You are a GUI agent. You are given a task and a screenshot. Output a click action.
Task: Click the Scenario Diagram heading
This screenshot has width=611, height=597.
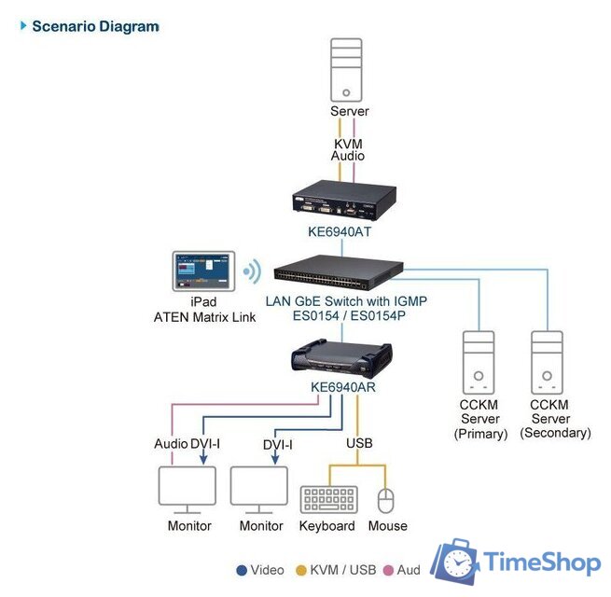pyautogui.click(x=95, y=26)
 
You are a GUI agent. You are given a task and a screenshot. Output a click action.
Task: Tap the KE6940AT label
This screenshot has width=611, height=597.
pyautogui.click(x=341, y=231)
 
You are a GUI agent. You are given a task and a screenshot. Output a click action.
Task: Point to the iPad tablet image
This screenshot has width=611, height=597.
pyautogui.click(x=202, y=271)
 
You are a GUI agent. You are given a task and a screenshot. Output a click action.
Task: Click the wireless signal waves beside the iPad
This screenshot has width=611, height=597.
pyautogui.click(x=250, y=272)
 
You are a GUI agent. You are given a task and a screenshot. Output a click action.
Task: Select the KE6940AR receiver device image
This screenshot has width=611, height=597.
pyautogui.click(x=342, y=357)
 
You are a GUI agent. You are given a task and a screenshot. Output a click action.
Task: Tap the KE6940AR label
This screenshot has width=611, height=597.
pyautogui.click(x=342, y=387)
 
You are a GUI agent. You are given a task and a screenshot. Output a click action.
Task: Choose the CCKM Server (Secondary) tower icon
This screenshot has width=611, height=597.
pyautogui.click(x=547, y=361)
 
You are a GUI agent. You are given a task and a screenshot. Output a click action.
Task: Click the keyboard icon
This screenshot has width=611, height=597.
pyautogui.click(x=327, y=499)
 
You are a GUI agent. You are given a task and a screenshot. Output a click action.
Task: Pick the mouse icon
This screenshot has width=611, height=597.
pyautogui.click(x=387, y=499)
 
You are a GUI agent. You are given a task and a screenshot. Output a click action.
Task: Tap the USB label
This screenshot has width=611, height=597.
pyautogui.click(x=359, y=443)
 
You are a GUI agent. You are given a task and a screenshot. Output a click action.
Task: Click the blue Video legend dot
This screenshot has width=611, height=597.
pyautogui.click(x=241, y=570)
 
